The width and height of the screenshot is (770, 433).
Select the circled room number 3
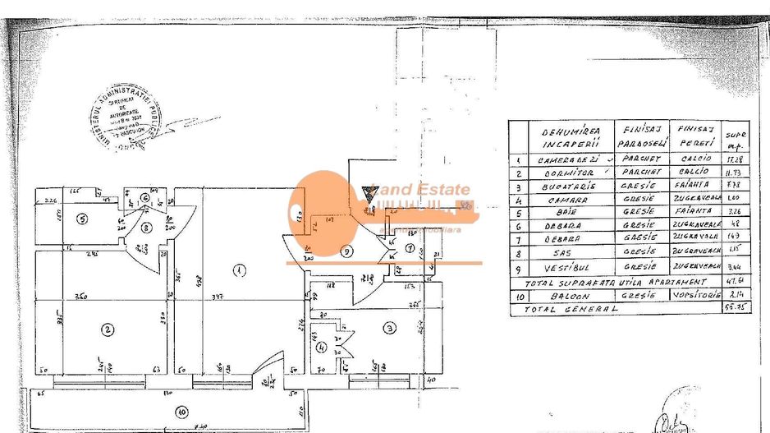click(x=389, y=328)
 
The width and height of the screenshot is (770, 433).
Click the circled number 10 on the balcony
click(x=181, y=410)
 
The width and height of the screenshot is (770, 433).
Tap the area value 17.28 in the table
click(x=736, y=159)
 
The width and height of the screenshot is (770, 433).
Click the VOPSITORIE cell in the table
click(x=698, y=295)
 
